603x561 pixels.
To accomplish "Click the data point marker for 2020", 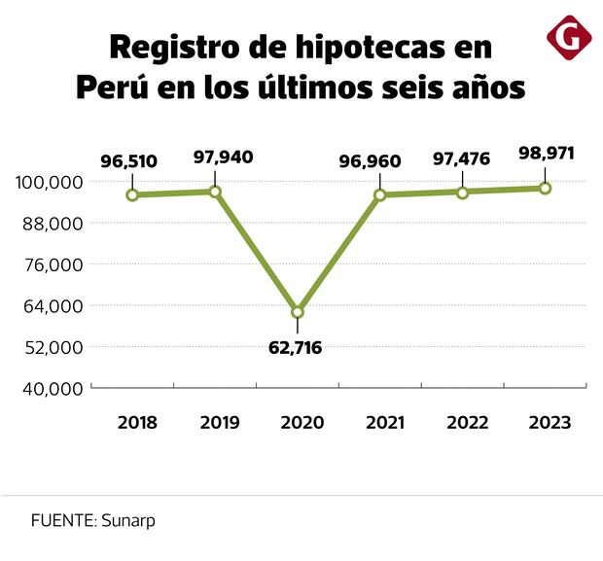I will coord(297,312).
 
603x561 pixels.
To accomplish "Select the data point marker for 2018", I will coord(132,194).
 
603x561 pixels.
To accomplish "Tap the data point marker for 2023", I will coord(545,188).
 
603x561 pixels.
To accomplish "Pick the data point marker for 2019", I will coord(215,192).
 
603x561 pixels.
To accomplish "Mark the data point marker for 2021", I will coord(380,194).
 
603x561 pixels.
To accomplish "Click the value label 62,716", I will coord(295,347).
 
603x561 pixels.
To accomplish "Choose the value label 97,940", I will coord(215,158).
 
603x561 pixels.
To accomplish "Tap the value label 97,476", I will coord(461,158).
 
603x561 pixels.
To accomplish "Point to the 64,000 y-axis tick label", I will coord(50,306).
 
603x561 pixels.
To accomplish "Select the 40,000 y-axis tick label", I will coord(50,389).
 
